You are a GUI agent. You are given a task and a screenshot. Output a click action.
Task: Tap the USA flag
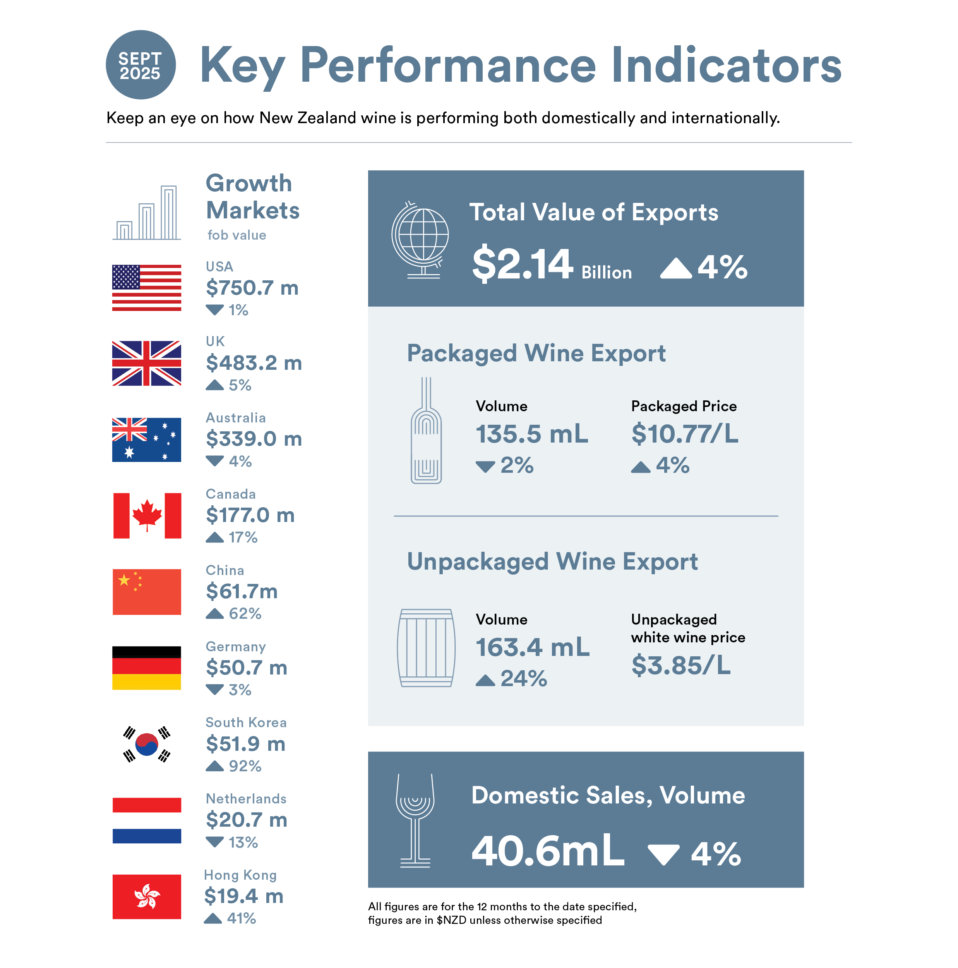(x=146, y=288)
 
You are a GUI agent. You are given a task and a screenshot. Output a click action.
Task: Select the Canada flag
(x=147, y=516)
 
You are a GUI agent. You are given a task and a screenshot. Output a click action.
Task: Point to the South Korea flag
(x=147, y=743)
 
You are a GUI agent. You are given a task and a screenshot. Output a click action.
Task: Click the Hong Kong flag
(x=146, y=896)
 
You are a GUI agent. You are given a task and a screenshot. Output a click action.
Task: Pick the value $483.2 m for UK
(x=254, y=363)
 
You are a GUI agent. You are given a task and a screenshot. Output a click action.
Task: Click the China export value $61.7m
(x=242, y=591)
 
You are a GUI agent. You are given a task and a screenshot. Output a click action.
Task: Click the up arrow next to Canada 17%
(x=214, y=537)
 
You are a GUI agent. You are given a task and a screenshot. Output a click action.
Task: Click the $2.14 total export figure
(x=522, y=264)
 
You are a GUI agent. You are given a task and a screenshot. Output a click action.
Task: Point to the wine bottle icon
(x=426, y=431)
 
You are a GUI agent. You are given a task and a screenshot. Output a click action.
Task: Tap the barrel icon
(x=426, y=647)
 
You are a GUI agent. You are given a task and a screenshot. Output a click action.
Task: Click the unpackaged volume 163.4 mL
(x=532, y=647)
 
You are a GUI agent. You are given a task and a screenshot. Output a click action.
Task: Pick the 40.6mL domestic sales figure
(x=548, y=850)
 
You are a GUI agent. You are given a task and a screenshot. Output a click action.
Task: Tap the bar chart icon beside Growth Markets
(x=146, y=213)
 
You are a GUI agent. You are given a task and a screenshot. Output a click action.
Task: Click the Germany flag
(x=146, y=668)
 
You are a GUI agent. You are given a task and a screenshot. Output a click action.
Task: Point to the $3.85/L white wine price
(x=680, y=665)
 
